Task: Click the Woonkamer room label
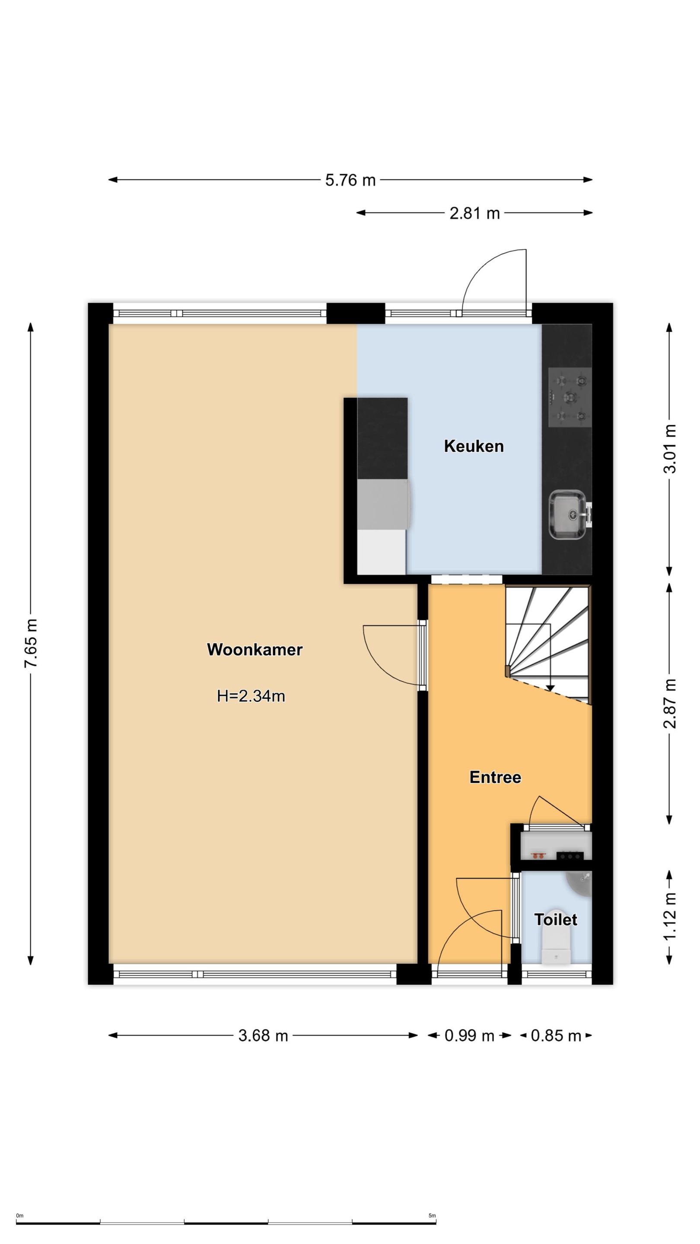(255, 650)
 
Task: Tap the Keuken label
(474, 446)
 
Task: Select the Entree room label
(495, 777)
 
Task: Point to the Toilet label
(556, 920)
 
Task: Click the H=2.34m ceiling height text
(251, 696)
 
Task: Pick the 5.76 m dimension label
(350, 180)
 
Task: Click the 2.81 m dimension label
(474, 213)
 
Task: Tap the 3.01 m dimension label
(670, 449)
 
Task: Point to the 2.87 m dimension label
(670, 703)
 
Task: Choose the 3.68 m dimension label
(263, 1035)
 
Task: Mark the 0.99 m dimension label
(469, 1035)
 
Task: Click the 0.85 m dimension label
(556, 1035)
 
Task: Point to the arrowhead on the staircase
(550, 688)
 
